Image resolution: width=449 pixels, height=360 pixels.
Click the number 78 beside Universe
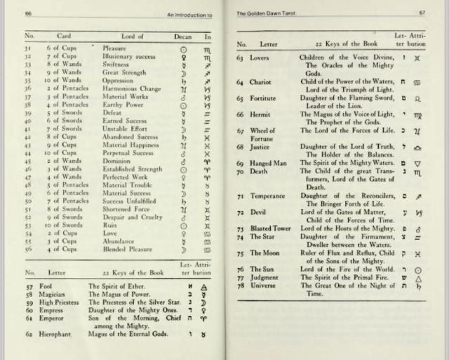(240, 285)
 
